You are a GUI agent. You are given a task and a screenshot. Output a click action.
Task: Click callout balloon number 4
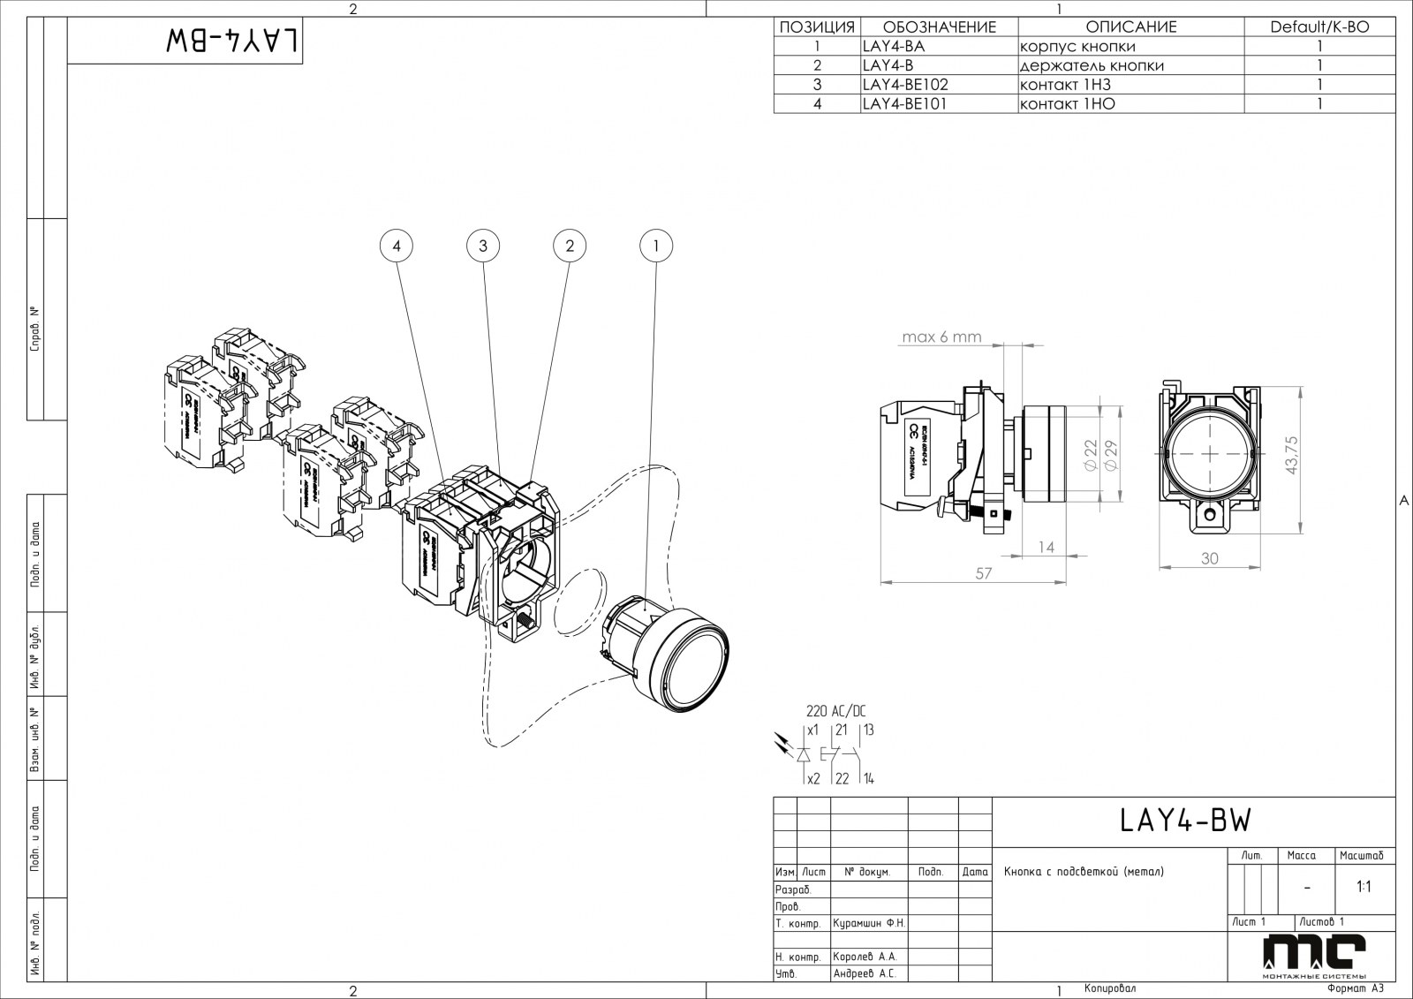pyautogui.click(x=397, y=246)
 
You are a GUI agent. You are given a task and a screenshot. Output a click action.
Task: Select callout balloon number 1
pyautogui.click(x=655, y=246)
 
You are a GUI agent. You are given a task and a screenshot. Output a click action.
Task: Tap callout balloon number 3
pyautogui.click(x=483, y=246)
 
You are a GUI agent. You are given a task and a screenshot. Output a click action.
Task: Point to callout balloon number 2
pyautogui.click(x=570, y=246)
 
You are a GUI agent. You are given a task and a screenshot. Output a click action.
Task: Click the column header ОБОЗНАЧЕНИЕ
pyautogui.click(x=939, y=26)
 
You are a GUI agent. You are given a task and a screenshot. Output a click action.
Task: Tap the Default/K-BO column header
pyautogui.click(x=1319, y=26)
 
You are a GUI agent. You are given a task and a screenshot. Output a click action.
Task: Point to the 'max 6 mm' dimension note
pyautogui.click(x=941, y=337)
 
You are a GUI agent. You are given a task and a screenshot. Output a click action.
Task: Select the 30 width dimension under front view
pyautogui.click(x=1209, y=558)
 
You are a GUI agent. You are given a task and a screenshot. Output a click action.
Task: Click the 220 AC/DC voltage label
pyautogui.click(x=836, y=711)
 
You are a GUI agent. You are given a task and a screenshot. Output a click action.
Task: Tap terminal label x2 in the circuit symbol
pyautogui.click(x=813, y=778)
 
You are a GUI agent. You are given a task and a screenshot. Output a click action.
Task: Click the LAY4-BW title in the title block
pyautogui.click(x=1185, y=821)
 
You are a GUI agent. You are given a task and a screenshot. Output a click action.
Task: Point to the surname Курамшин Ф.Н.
pyautogui.click(x=869, y=923)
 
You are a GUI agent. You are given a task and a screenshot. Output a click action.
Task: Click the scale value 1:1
pyautogui.click(x=1364, y=887)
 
